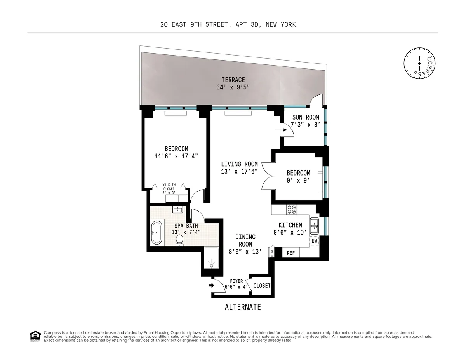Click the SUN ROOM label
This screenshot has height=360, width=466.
pyautogui.click(x=306, y=117)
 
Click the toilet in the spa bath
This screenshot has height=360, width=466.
pyautogui.click(x=179, y=240)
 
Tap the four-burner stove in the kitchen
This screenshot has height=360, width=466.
pyautogui.click(x=291, y=210)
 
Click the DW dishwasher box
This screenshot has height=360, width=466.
pyautogui.click(x=315, y=241)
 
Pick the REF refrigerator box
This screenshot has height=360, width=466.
pyautogui.click(x=291, y=253)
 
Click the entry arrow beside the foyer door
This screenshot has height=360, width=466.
pyautogui.click(x=211, y=285)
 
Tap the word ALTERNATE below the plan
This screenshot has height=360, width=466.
pyautogui.click(x=243, y=307)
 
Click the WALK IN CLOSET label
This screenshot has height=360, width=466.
pyautogui.click(x=168, y=189)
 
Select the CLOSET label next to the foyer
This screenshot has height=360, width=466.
pyautogui.click(x=262, y=286)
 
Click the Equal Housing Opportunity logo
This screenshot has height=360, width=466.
pyautogui.click(x=35, y=336)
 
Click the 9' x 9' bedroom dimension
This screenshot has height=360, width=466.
pyautogui.click(x=298, y=180)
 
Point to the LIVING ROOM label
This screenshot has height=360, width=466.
pyautogui.click(x=240, y=164)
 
